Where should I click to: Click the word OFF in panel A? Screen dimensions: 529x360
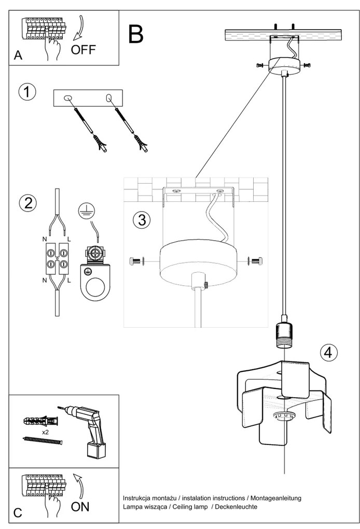pos(83,50)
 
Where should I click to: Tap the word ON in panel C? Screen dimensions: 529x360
pos(80,506)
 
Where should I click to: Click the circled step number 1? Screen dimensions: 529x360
pos(27,92)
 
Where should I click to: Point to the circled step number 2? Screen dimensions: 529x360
pos(27,202)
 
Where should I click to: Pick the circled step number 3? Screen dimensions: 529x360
pos(142,219)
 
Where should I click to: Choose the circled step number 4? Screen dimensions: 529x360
pos(327,352)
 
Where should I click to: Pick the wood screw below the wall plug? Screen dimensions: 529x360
pos(43,440)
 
